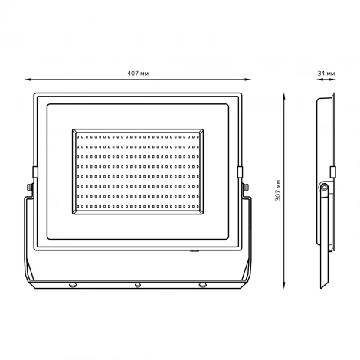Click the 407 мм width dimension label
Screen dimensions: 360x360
click(138, 74)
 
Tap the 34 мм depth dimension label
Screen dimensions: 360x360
click(326, 74)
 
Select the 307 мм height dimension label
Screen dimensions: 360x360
click(278, 190)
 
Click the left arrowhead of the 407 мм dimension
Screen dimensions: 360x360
click(28, 80)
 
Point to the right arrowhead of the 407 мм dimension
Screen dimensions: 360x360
click(248, 80)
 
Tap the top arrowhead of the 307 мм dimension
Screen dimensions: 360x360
click(284, 97)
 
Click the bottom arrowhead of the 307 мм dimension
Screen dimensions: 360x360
click(284, 286)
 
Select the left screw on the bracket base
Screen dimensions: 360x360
click(73, 285)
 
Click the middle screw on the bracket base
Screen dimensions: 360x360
click(138, 285)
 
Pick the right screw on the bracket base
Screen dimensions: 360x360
click(203, 285)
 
